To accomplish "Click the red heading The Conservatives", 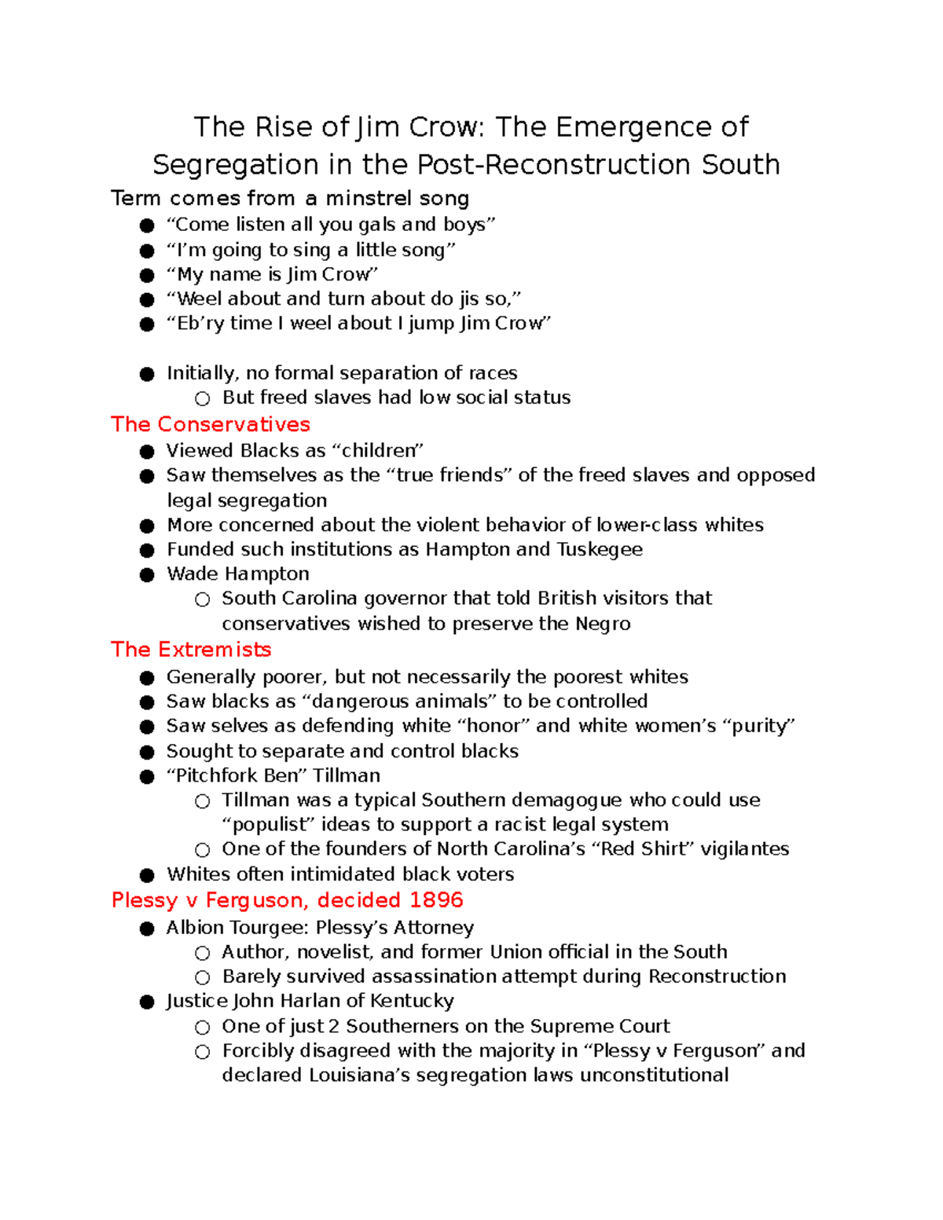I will [210, 424].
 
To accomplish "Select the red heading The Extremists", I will [191, 650].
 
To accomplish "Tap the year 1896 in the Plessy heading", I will [436, 900].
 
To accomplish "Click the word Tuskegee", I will [600, 549].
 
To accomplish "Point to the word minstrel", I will [369, 199].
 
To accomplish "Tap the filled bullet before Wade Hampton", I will [147, 575].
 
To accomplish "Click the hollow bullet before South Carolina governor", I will [203, 600].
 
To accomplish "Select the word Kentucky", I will [412, 1001].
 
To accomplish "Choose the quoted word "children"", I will [378, 451].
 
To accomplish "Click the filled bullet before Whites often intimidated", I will [147, 875].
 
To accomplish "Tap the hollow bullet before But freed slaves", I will [203, 399].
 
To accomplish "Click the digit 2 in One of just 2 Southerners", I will [334, 1027].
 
